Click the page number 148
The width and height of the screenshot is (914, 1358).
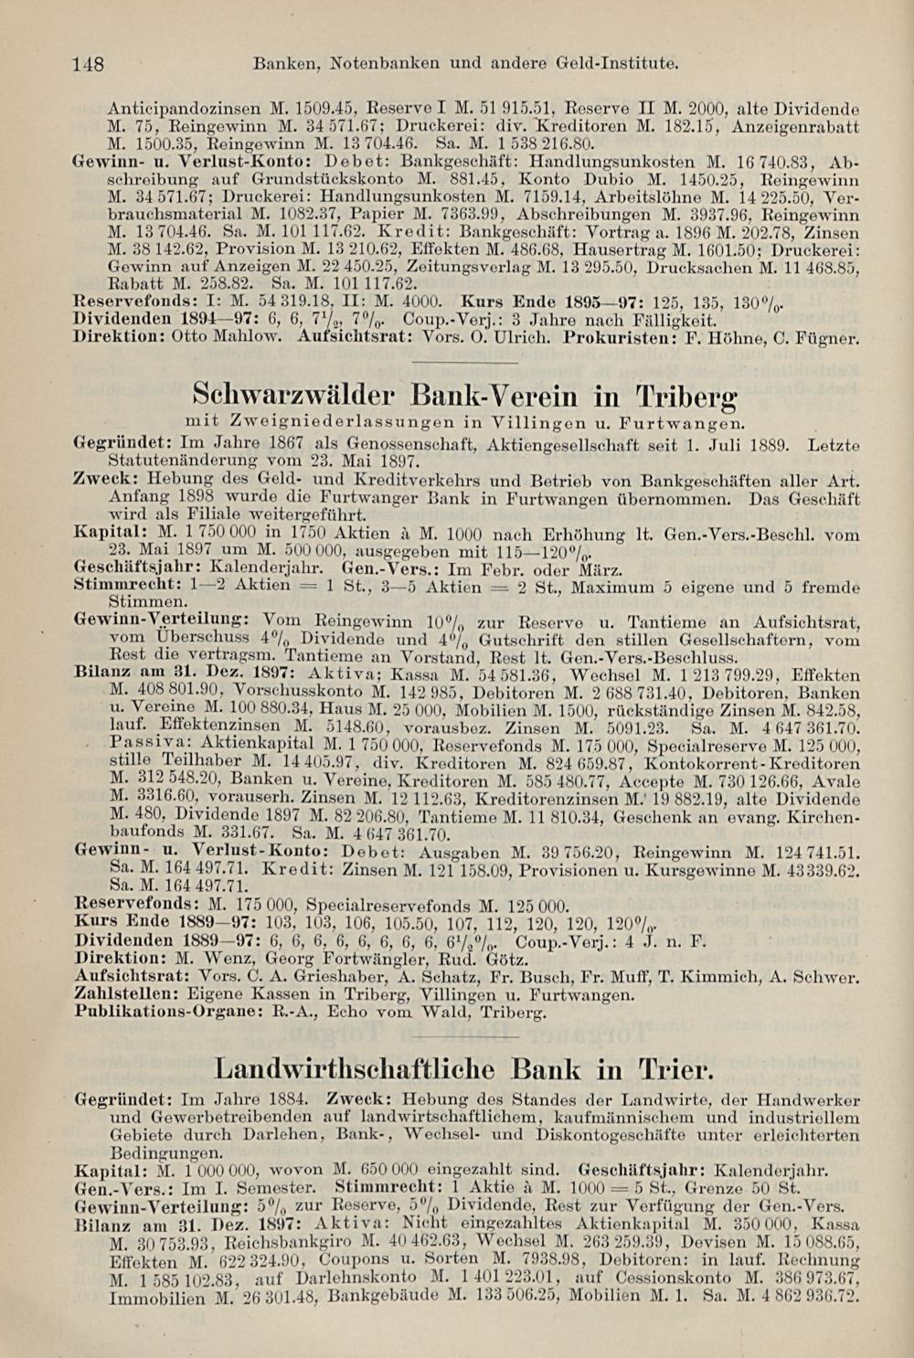90,64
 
